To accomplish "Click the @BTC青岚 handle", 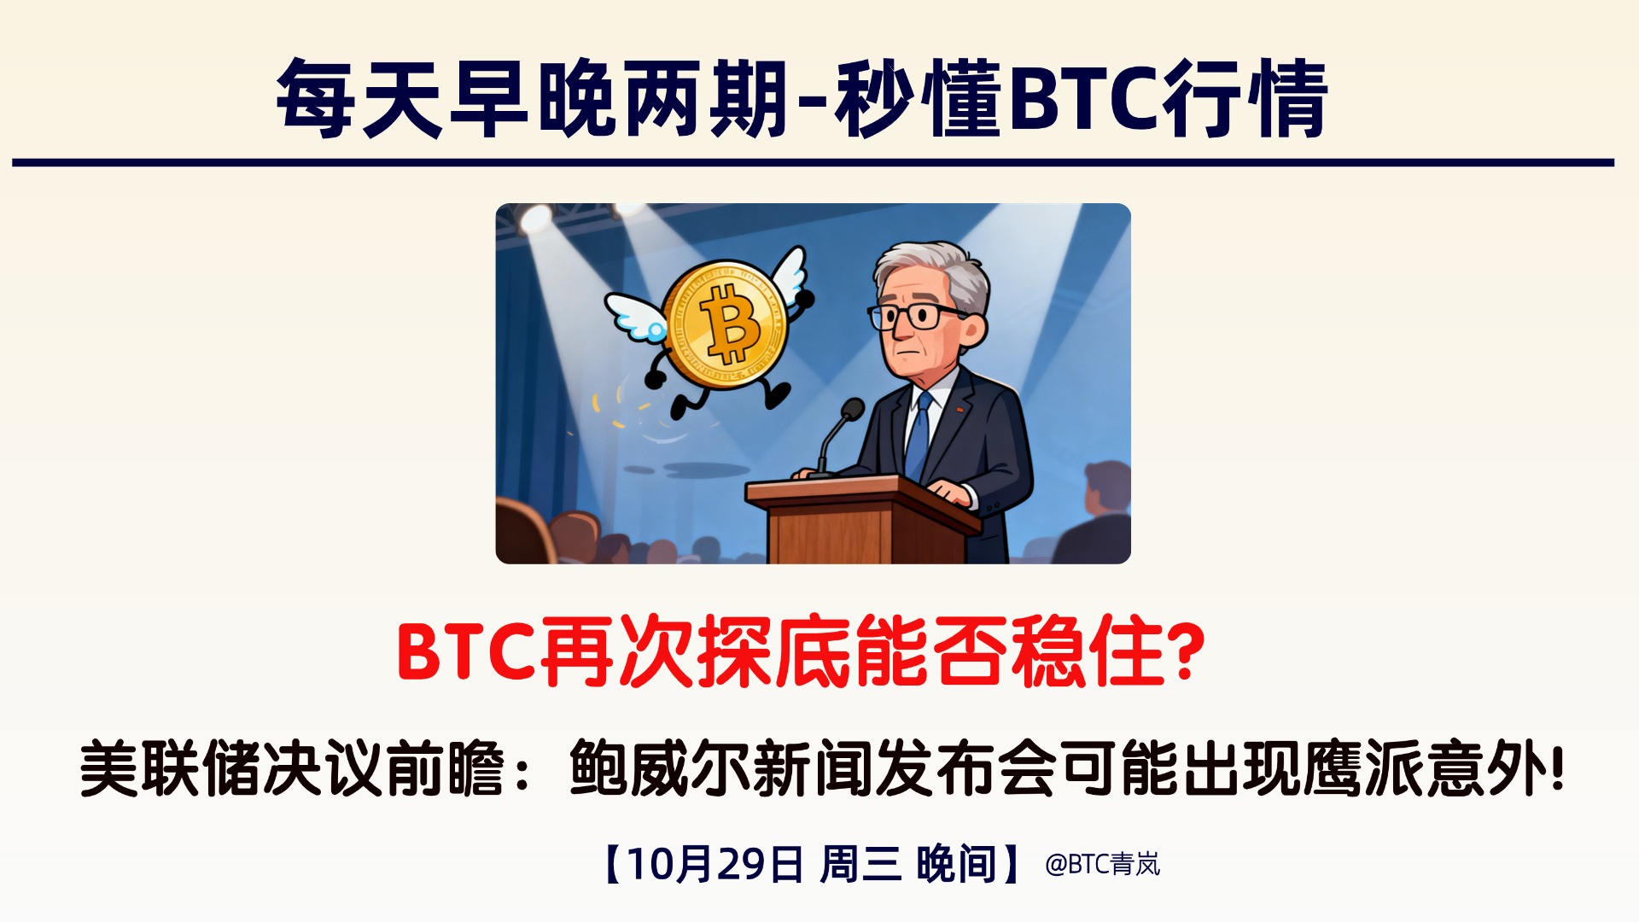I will [x=1102, y=864].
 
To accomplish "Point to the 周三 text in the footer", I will [x=860, y=864].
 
